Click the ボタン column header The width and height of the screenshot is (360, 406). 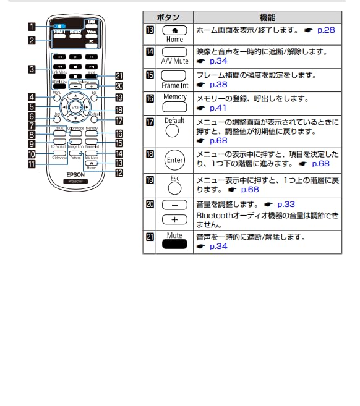pos(168,18)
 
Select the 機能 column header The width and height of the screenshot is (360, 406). pos(267,18)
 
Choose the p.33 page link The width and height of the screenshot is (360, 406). pos(287,203)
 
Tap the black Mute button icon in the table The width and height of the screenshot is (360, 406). pos(174,245)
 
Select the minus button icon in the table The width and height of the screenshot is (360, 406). pos(174,204)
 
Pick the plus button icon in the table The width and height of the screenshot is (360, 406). pos(174,219)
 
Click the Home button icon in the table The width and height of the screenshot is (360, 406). pos(174,30)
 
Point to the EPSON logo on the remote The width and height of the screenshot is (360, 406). pos(75,174)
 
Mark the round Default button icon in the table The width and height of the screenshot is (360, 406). pos(174,131)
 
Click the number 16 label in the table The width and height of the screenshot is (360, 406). pos(149,98)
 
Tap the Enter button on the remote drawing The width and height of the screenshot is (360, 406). pos(75,108)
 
